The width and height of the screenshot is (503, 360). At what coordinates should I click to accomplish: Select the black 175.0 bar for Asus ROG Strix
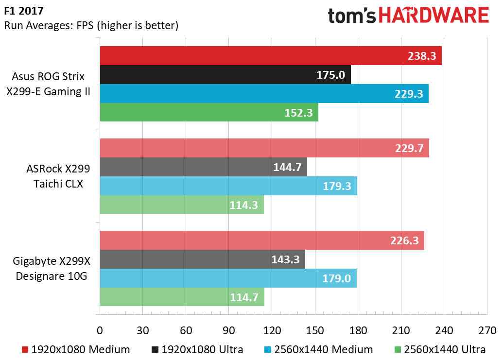coord(225,75)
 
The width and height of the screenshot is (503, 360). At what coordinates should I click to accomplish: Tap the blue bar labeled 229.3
coord(264,94)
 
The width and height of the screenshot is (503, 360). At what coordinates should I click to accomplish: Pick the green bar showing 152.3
coord(208,113)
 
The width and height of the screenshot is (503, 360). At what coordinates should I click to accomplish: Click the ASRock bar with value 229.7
coord(264,148)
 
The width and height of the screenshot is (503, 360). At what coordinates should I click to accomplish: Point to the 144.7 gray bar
coord(203,167)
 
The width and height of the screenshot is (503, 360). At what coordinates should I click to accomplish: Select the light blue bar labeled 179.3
coord(228,186)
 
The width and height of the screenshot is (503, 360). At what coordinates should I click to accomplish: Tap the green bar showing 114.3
coord(181,205)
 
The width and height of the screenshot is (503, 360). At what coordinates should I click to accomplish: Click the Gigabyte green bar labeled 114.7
coord(182,297)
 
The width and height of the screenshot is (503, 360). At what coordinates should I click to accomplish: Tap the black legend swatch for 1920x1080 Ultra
coord(156,349)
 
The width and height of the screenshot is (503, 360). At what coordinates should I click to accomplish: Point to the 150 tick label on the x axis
coord(315,331)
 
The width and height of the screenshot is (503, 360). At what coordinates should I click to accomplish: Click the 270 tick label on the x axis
coord(487,331)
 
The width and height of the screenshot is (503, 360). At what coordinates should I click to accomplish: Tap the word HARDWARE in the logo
coord(434,16)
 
